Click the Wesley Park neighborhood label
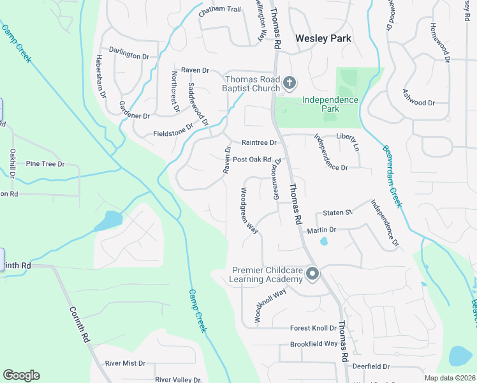pyautogui.click(x=323, y=38)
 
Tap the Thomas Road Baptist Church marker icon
pyautogui.click(x=290, y=82)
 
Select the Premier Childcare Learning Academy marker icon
pyautogui.click(x=312, y=274)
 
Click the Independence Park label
pyautogui.click(x=330, y=104)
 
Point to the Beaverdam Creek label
pyautogui.click(x=393, y=176)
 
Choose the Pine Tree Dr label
pyautogui.click(x=45, y=164)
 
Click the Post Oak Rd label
pyautogui.click(x=253, y=160)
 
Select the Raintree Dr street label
pyautogui.click(x=259, y=142)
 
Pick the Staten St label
pyautogui.click(x=337, y=212)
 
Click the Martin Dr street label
pyautogui.click(x=321, y=230)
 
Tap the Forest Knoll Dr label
pyautogui.click(x=313, y=328)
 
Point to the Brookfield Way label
pyautogui.click(x=313, y=343)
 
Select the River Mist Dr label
pyautogui.click(x=126, y=363)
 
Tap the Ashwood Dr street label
pyautogui.click(x=418, y=102)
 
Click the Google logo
pyautogui.click(x=21, y=375)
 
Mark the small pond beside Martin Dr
pyautogui.click(x=324, y=241)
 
